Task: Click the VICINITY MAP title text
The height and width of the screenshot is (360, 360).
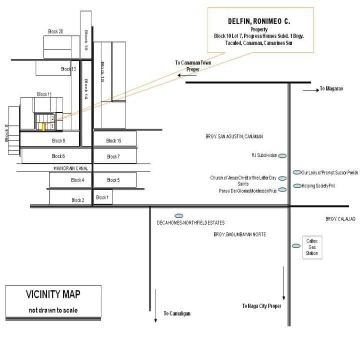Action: click(53, 294)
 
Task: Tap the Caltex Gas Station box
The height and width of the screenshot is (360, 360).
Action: click(312, 247)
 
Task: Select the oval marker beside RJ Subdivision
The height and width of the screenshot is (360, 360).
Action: click(282, 156)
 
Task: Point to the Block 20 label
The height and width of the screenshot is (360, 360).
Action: click(55, 31)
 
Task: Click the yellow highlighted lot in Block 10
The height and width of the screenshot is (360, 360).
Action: click(43, 126)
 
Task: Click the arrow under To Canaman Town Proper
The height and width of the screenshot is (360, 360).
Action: click(186, 75)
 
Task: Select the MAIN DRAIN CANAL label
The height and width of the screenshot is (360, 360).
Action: click(72, 168)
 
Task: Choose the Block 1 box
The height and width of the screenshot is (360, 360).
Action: click(101, 197)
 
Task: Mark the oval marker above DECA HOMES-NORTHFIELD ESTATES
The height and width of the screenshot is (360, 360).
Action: click(178, 215)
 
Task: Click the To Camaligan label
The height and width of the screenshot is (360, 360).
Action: click(177, 313)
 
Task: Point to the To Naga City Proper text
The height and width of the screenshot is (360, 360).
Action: click(262, 306)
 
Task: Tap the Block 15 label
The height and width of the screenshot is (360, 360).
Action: click(114, 141)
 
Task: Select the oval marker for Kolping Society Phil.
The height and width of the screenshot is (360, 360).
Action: click(296, 186)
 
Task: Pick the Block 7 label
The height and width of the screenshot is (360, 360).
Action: click(113, 156)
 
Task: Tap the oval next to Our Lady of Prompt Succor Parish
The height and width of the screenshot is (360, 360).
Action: click(296, 173)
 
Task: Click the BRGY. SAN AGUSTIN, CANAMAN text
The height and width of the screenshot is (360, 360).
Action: click(234, 136)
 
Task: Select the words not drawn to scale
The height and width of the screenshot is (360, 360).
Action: click(53, 310)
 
